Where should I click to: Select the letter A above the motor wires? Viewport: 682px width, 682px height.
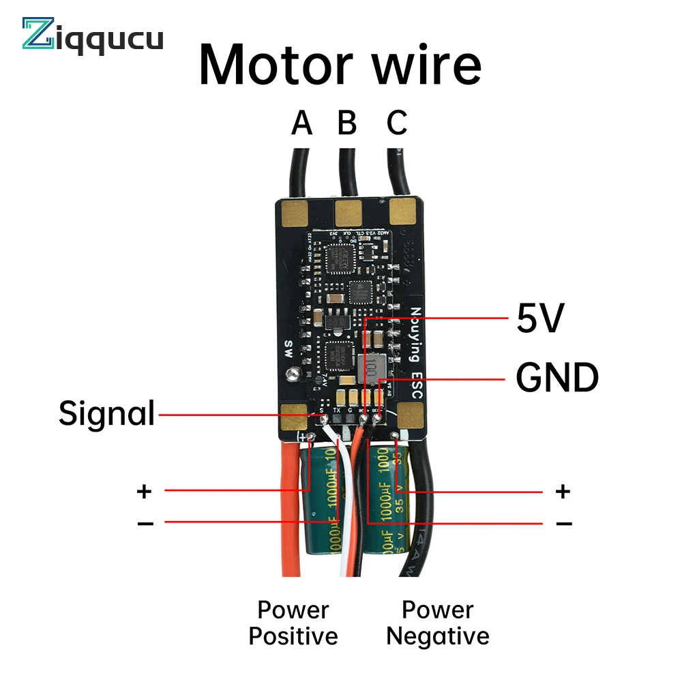pos(301,124)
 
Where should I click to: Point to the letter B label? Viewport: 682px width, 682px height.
pos(347,124)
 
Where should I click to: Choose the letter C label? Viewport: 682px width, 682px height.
pos(397,124)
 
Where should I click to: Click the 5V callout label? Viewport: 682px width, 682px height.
pos(540,319)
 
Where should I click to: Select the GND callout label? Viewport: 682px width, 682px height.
pos(557,378)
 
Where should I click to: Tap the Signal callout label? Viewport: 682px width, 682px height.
pos(107,413)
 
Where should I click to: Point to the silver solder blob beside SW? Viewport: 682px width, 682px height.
pos(294,374)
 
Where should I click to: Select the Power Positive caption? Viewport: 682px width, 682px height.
pos(293,623)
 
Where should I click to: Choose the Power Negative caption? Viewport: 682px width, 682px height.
pos(438,623)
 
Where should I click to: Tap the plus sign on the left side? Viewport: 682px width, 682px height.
pos(144,490)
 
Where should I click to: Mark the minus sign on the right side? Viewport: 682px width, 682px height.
pos(563,523)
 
